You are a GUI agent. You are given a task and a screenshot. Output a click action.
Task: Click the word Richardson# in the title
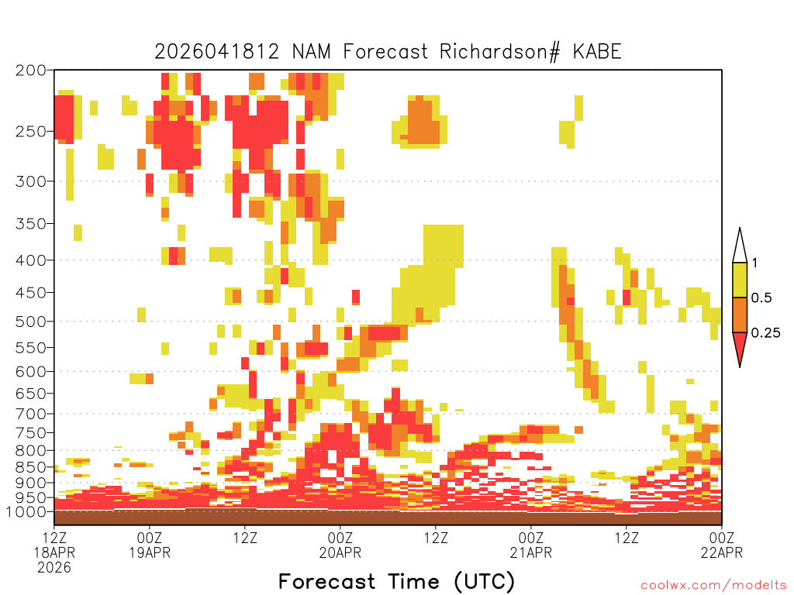500,52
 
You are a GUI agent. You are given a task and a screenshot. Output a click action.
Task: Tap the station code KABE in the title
596,52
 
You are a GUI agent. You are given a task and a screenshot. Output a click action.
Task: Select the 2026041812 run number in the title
217,52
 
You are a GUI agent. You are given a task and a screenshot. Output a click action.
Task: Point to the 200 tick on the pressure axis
31,71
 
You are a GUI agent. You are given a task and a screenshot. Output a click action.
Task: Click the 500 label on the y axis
31,322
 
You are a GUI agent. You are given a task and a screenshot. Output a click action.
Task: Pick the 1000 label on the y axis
26,511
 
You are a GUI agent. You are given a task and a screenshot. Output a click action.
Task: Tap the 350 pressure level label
31,223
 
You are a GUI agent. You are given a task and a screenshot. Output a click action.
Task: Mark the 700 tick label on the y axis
31,414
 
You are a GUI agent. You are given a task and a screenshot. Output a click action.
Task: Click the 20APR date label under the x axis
340,552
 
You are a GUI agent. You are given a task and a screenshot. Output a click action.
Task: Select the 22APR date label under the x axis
722,552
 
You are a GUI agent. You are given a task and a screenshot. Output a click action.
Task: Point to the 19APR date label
150,552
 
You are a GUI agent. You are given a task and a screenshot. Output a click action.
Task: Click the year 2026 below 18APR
54,568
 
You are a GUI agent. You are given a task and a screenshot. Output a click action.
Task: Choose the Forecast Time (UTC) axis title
396,581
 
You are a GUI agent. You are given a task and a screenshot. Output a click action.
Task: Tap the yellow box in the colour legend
740,280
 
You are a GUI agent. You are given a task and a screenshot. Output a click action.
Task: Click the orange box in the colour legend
740,315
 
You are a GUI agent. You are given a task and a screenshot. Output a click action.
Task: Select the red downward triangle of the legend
740,346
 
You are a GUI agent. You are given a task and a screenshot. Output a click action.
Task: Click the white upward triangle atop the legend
740,249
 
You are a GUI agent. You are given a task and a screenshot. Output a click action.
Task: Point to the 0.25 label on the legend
765,333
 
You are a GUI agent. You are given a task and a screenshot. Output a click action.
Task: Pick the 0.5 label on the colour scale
761,297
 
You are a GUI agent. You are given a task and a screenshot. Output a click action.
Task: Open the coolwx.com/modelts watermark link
713,585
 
